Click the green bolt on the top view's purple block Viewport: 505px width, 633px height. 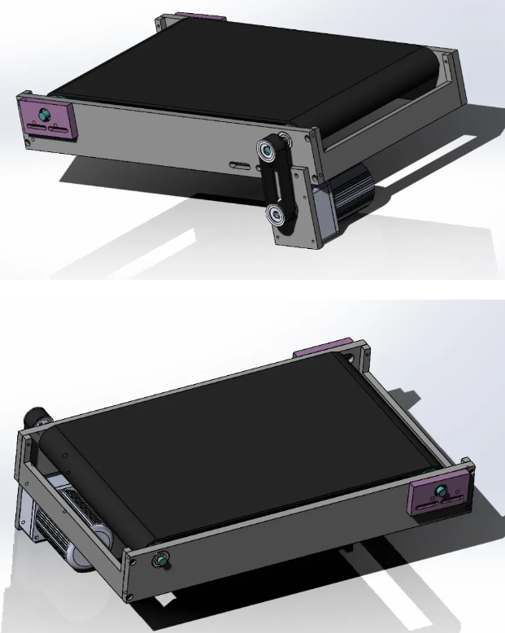[42, 113]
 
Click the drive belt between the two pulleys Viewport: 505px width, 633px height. [272, 183]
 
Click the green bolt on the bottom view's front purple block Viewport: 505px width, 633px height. [441, 491]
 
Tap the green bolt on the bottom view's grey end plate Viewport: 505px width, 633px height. [163, 561]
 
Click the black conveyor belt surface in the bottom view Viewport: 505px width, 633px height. [244, 456]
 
